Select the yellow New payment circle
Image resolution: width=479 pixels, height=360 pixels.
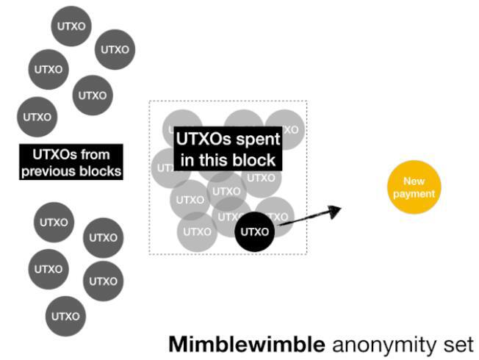(414, 187)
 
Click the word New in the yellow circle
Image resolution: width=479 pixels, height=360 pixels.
(414, 181)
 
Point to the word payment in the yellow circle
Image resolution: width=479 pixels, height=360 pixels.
(414, 194)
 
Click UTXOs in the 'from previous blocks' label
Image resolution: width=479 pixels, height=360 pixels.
(54, 155)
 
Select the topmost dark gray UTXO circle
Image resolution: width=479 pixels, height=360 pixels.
(71, 26)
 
